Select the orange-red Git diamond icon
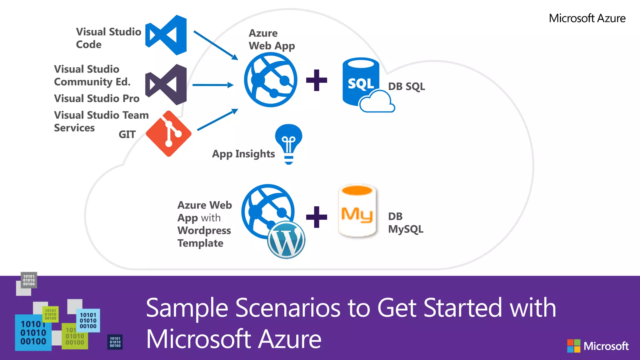[x=168, y=133]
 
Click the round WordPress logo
[x=286, y=240]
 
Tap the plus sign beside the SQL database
[x=317, y=80]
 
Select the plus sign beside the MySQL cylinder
[x=317, y=217]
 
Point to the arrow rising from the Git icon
[x=217, y=120]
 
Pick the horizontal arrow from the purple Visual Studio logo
[x=213, y=85]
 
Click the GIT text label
[x=127, y=134]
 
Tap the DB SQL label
[x=406, y=86]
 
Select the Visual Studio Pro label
[x=97, y=98]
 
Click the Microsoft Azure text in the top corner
[x=587, y=18]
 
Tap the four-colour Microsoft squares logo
[x=574, y=346]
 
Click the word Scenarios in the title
[x=287, y=308]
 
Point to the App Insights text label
[x=243, y=154]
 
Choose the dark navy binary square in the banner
[x=115, y=342]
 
